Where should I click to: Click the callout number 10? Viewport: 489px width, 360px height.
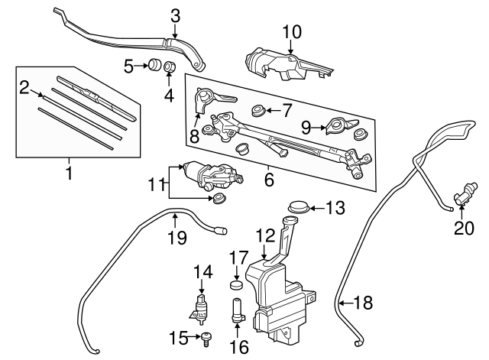(x=292, y=32)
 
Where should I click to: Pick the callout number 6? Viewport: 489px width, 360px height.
(x=269, y=180)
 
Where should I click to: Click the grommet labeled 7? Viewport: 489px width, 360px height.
(x=258, y=110)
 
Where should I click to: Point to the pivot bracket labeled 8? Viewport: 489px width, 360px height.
(x=208, y=99)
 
